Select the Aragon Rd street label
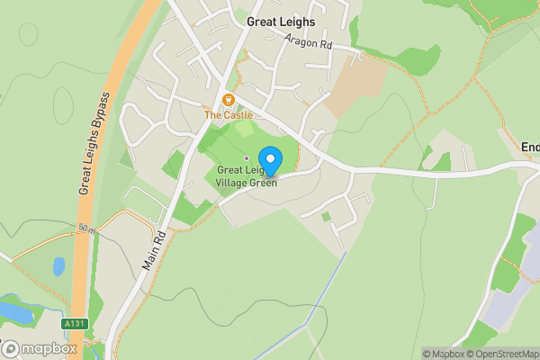click(x=310, y=41)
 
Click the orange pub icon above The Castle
click(x=228, y=100)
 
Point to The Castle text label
click(x=228, y=115)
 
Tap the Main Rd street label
click(x=156, y=247)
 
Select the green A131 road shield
click(x=74, y=323)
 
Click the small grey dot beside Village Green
click(x=247, y=159)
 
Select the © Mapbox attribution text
click(x=440, y=354)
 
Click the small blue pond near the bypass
click(x=58, y=266)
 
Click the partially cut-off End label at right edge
click(x=530, y=147)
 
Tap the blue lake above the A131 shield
click(x=15, y=311)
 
